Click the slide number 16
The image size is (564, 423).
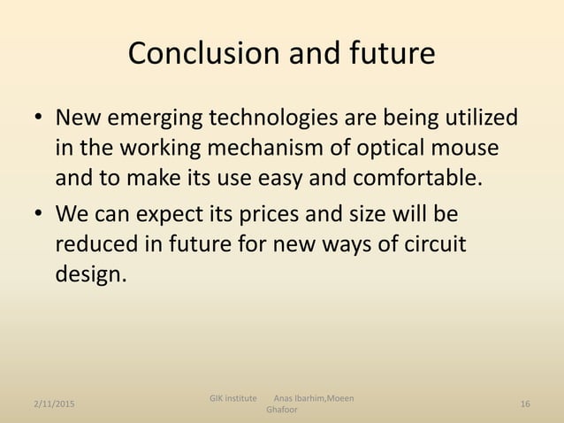point(525,404)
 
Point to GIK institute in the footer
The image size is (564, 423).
point(234,398)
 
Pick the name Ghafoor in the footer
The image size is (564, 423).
point(282,411)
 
